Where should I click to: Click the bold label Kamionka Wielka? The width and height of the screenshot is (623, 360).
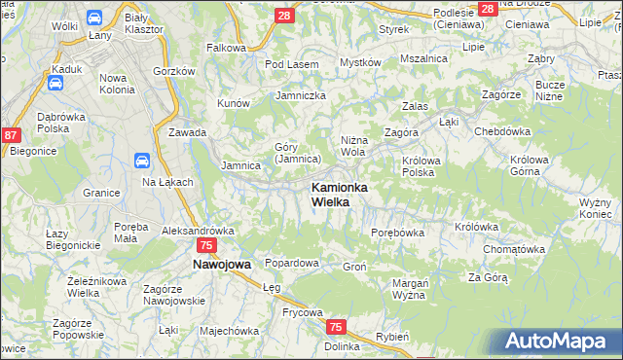[338, 194]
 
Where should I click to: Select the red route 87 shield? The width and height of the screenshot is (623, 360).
[11, 137]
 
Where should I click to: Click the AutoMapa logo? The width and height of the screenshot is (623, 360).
[559, 341]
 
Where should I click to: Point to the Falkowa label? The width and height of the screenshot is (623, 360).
[226, 47]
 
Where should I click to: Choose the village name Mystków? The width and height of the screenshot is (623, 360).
[359, 62]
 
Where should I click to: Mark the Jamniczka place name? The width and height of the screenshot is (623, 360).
[301, 95]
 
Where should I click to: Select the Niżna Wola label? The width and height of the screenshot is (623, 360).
[353, 145]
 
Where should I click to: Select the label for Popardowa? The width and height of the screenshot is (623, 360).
[292, 264]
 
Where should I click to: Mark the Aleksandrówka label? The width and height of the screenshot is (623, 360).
[198, 231]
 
